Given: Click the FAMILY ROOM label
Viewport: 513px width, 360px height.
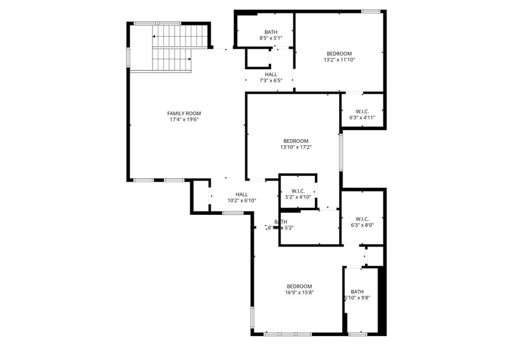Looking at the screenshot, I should point(184,113).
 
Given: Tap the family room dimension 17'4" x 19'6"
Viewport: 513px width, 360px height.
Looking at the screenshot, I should point(184,119).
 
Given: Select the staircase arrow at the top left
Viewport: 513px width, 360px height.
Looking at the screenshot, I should point(155,37).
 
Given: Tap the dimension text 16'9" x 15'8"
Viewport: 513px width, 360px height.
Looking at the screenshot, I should point(299,293).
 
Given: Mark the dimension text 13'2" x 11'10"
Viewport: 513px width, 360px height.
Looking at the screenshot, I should point(339,60).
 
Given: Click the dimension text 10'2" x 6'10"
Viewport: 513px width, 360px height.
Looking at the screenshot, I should point(242,201).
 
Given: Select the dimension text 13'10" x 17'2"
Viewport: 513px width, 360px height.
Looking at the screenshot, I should point(296,147).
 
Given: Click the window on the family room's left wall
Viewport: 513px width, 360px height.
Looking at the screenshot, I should point(127,56).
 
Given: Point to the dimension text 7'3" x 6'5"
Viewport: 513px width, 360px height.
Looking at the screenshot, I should point(271,80).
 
